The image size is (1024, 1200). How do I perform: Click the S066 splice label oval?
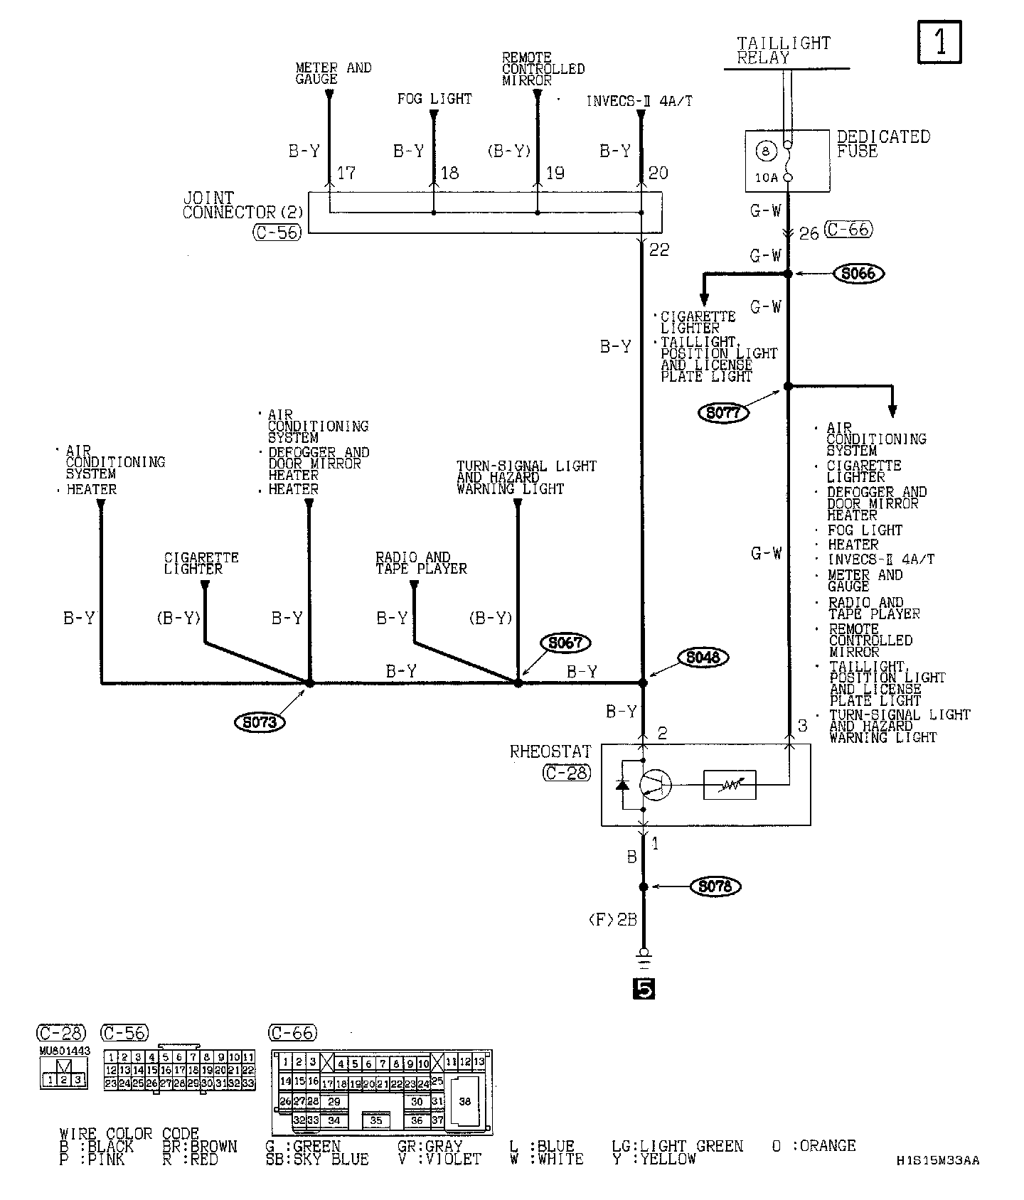click(x=858, y=274)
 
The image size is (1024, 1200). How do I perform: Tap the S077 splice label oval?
click(x=724, y=413)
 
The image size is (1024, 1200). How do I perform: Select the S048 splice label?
click(x=703, y=658)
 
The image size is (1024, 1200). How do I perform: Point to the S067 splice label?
click(x=566, y=643)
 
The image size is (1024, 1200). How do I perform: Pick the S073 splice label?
click(x=259, y=722)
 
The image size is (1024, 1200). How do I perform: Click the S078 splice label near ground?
click(x=715, y=886)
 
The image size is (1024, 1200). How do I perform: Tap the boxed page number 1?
click(x=939, y=42)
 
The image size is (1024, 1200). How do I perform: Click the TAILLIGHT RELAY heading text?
click(x=782, y=50)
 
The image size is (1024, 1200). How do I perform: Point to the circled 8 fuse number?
click(x=765, y=151)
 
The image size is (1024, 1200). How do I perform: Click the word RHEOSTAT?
click(x=550, y=751)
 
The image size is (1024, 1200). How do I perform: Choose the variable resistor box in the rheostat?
click(x=730, y=786)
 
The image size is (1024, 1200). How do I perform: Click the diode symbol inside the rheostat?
click(x=622, y=784)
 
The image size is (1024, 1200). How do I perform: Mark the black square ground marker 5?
click(x=643, y=989)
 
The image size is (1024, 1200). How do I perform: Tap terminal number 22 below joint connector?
click(x=658, y=250)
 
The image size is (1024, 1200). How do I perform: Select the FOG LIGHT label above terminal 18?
click(x=434, y=99)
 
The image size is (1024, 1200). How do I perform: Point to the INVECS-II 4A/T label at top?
click(x=639, y=101)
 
